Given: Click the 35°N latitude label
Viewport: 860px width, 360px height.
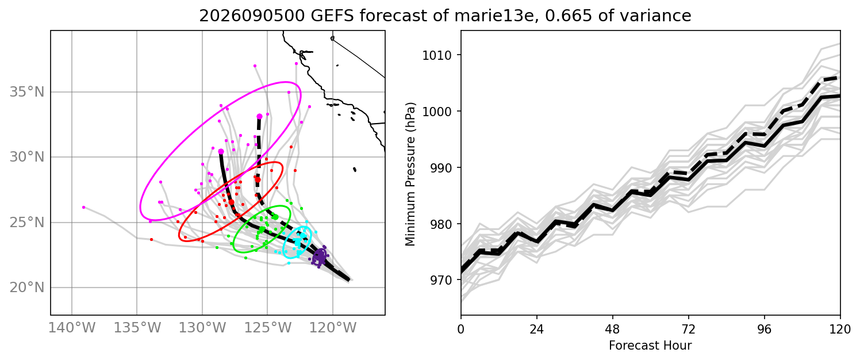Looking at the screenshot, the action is click(x=27, y=92).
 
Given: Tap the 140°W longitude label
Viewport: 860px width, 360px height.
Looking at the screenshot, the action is click(x=72, y=328).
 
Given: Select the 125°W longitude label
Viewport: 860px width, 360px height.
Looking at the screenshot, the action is click(x=267, y=328).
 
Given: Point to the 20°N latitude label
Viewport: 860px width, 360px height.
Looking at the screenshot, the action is click(x=27, y=288).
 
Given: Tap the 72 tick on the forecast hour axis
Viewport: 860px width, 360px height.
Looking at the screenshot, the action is click(x=688, y=330).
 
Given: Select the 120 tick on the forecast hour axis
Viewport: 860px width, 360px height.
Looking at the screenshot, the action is click(x=840, y=330).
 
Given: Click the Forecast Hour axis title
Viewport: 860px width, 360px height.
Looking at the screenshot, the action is click(x=650, y=346).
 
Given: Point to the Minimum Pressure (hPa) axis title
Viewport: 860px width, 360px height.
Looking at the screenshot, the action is click(x=410, y=174).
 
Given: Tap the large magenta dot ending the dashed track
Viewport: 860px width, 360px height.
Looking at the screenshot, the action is click(x=259, y=116).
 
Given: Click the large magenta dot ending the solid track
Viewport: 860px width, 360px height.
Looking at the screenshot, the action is click(x=221, y=151).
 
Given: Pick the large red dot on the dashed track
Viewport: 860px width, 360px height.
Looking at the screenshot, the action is click(x=258, y=180).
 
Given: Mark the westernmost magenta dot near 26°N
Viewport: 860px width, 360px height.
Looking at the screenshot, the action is click(x=84, y=208).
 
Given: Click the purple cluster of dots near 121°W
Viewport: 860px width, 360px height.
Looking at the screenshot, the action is click(x=320, y=256).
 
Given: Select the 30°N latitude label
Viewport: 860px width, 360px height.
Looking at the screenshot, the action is click(x=27, y=157).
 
